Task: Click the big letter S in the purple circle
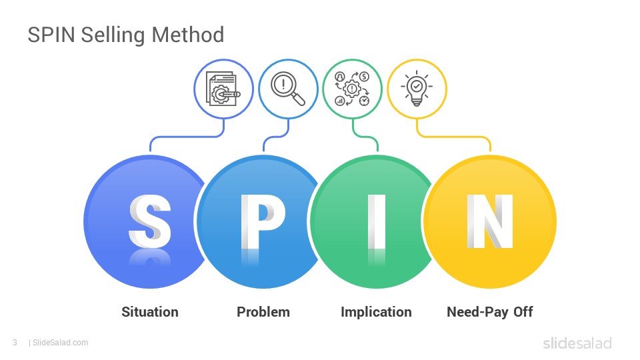150,221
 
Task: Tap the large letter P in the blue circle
263,221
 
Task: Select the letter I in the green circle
376,221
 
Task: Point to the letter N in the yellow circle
490,221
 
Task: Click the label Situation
150,312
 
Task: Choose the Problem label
263,312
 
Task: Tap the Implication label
376,312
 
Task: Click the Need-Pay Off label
490,312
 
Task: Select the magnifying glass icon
288,89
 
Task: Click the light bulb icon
417,89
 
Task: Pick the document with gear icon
223,89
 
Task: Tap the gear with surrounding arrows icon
352,89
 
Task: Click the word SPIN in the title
51,35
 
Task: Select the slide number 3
15,343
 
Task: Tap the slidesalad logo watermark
577,343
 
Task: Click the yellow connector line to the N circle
453,137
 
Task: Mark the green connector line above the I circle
365,136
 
